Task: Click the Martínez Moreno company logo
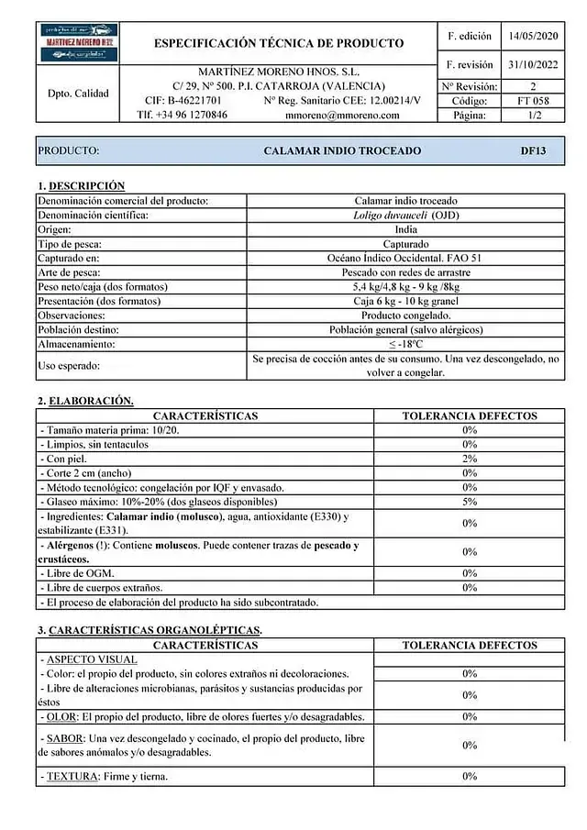78,43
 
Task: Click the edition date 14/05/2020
532,36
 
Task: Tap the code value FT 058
533,101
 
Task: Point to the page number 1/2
533,116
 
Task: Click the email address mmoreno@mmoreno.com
342,116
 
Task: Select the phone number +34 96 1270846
183,116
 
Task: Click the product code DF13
533,150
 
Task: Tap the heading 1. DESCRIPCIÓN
81,185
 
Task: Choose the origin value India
405,229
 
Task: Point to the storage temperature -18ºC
405,344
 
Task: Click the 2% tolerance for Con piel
470,459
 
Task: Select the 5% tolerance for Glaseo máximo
470,502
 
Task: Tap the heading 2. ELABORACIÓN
85,401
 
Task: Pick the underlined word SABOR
63,739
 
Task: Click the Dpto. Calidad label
78,94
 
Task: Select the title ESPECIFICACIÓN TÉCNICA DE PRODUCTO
278,43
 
